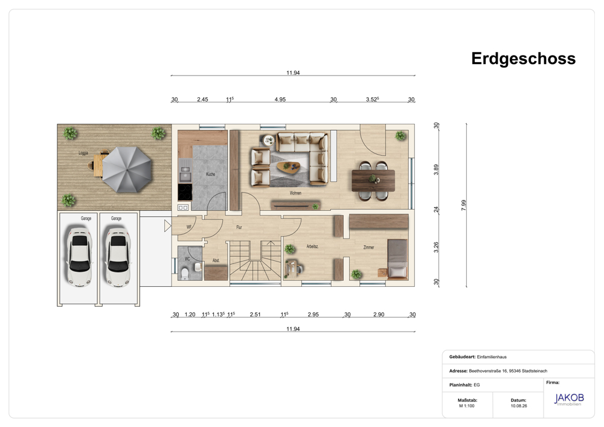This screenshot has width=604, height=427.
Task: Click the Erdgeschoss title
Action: click(x=523, y=59)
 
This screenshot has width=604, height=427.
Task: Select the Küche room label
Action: click(x=210, y=174)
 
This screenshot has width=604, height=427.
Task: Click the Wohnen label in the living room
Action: click(x=295, y=193)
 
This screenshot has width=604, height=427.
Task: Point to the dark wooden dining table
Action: click(x=373, y=180)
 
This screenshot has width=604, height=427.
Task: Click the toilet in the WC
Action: click(x=184, y=274)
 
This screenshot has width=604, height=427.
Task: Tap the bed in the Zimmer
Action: click(x=397, y=258)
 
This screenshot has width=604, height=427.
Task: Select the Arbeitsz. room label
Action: click(x=312, y=246)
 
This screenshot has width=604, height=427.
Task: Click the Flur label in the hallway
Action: click(x=239, y=227)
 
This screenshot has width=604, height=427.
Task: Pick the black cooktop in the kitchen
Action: click(x=185, y=191)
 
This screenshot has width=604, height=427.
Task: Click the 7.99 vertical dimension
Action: click(x=463, y=205)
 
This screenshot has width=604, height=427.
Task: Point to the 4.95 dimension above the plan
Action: click(x=280, y=99)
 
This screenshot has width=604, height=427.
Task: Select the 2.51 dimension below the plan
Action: click(x=255, y=315)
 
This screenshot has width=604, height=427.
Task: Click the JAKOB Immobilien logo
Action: click(x=569, y=399)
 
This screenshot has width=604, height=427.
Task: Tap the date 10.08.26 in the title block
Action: click(x=518, y=406)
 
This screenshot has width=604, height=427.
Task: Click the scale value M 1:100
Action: click(x=466, y=406)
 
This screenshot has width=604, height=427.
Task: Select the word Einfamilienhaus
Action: click(x=492, y=357)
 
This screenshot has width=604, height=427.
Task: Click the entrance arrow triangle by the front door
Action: click(x=167, y=226)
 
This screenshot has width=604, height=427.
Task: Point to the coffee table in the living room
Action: click(x=289, y=166)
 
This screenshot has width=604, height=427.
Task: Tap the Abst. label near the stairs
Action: click(x=216, y=260)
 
